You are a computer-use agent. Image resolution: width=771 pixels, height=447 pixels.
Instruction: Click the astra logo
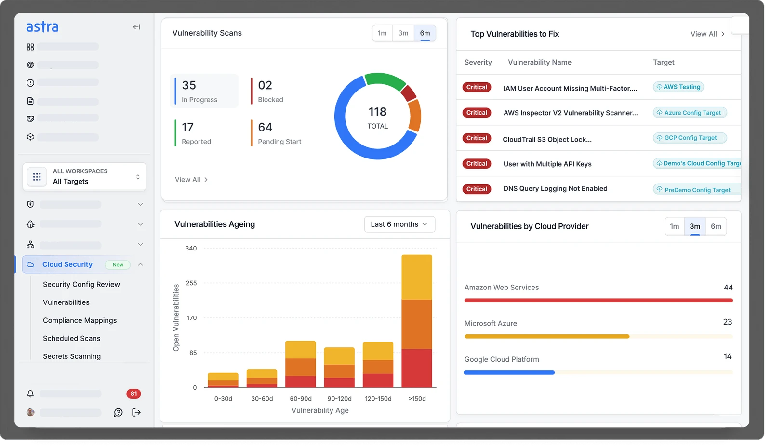42,27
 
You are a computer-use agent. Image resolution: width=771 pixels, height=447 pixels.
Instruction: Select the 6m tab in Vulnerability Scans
425,33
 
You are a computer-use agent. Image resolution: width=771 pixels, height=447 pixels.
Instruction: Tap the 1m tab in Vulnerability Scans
382,33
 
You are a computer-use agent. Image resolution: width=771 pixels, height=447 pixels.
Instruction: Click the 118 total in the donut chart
377,112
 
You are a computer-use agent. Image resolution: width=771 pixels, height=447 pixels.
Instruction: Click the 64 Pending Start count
265,127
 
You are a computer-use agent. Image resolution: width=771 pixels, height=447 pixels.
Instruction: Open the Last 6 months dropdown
399,224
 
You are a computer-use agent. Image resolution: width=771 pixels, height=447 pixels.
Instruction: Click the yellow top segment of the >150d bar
416,277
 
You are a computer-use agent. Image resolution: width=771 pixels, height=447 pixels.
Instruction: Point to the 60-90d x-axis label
301,399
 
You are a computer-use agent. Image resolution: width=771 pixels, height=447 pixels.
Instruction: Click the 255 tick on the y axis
191,283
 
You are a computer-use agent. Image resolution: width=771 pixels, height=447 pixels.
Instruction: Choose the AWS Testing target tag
678,87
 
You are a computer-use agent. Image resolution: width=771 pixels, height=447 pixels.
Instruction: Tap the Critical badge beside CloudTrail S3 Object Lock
477,138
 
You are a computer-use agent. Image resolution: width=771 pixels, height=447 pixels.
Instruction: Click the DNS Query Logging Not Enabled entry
555,189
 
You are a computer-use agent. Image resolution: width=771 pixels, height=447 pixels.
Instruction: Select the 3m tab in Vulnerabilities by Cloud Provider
694,226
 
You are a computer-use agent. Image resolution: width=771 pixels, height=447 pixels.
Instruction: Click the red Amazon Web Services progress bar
598,301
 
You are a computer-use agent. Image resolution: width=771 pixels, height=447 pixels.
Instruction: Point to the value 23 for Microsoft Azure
727,322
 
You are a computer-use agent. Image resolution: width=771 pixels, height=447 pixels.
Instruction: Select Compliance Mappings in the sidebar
80,320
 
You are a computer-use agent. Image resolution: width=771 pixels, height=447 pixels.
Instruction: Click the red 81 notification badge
133,394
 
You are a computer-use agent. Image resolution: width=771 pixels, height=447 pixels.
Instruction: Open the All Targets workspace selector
84,177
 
